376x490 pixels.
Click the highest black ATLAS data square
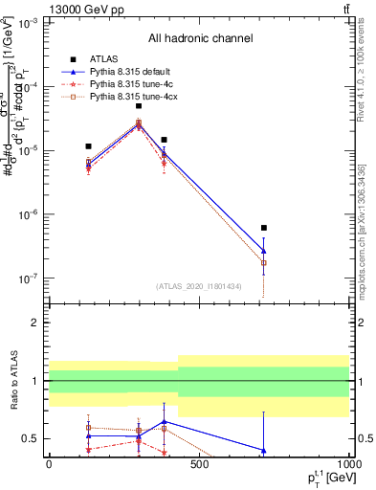pyautogui.click(x=139, y=106)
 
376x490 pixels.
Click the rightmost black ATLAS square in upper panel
pyautogui.click(x=263, y=228)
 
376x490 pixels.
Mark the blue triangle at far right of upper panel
pyautogui.click(x=263, y=251)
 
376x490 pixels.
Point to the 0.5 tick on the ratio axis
pyautogui.click(x=32, y=438)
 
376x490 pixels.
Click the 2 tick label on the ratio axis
pyautogui.click(x=36, y=323)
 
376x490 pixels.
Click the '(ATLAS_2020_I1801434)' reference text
pyautogui.click(x=199, y=286)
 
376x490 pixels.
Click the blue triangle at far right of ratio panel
pyautogui.click(x=263, y=450)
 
